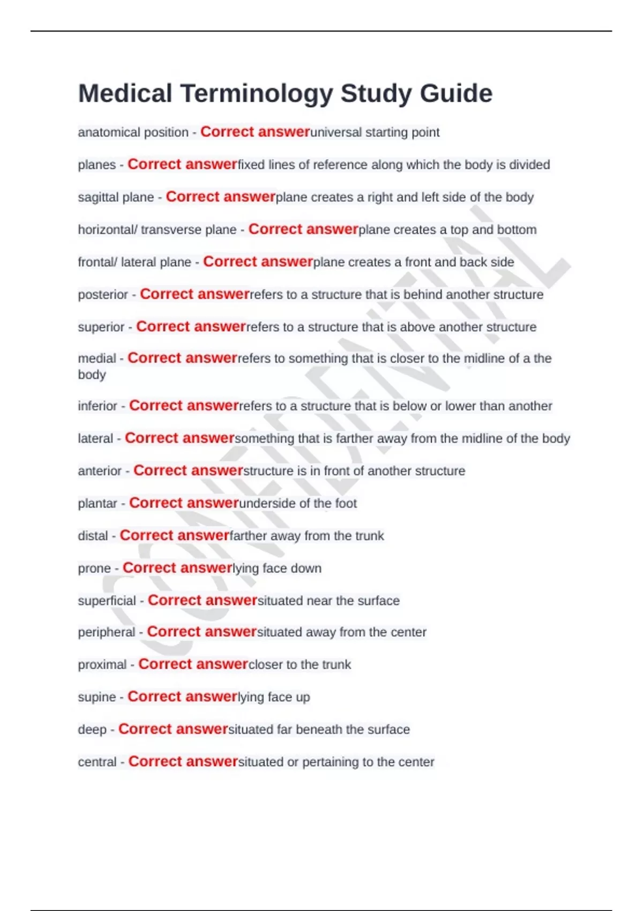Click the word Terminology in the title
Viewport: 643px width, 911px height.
pyautogui.click(x=256, y=94)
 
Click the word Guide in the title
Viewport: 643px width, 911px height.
pyautogui.click(x=456, y=94)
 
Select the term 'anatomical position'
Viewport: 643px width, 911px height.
pyautogui.click(x=133, y=132)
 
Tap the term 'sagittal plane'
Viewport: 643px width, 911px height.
pyautogui.click(x=116, y=197)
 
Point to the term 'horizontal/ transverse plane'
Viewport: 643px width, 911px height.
pyautogui.click(x=157, y=230)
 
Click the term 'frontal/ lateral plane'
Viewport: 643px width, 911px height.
pyautogui.click(x=134, y=262)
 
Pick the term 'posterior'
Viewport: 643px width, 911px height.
pyautogui.click(x=103, y=295)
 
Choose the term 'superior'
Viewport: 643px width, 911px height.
pyautogui.click(x=101, y=327)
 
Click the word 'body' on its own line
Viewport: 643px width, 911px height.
pyautogui.click(x=92, y=375)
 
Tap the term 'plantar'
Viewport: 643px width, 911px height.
pyautogui.click(x=98, y=504)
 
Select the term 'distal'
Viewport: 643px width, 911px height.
pyautogui.click(x=93, y=536)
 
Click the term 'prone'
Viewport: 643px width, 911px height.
pyautogui.click(x=94, y=569)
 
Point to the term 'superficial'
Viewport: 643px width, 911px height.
pyautogui.click(x=107, y=601)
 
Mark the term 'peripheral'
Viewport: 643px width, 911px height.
pyautogui.click(x=106, y=632)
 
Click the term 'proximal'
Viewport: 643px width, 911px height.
pyautogui.click(x=102, y=665)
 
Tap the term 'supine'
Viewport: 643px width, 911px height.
pyautogui.click(x=96, y=697)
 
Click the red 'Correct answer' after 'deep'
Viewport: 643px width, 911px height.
pyautogui.click(x=173, y=729)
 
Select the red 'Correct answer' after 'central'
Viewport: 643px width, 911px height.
pyautogui.click(x=183, y=761)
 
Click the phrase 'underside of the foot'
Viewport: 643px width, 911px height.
pyautogui.click(x=298, y=504)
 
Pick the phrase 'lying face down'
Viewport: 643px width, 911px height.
pyautogui.click(x=277, y=569)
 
